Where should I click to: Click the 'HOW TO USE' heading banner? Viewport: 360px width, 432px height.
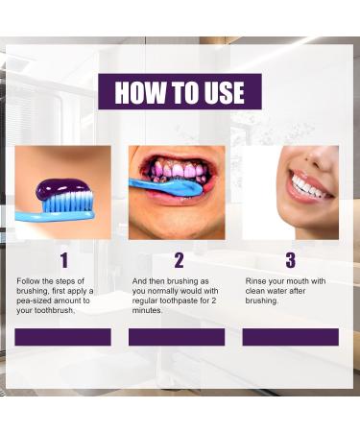(x=180, y=92)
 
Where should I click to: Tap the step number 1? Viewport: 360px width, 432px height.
(x=63, y=260)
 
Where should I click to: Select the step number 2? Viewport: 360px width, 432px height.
(x=179, y=260)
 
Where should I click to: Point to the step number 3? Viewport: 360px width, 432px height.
(x=290, y=260)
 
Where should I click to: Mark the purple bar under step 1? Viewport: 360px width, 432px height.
(x=63, y=337)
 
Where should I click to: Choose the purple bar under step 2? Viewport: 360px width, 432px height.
(x=177, y=337)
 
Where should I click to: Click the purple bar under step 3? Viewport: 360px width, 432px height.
(x=290, y=337)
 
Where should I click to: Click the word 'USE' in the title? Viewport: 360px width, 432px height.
(x=220, y=92)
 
